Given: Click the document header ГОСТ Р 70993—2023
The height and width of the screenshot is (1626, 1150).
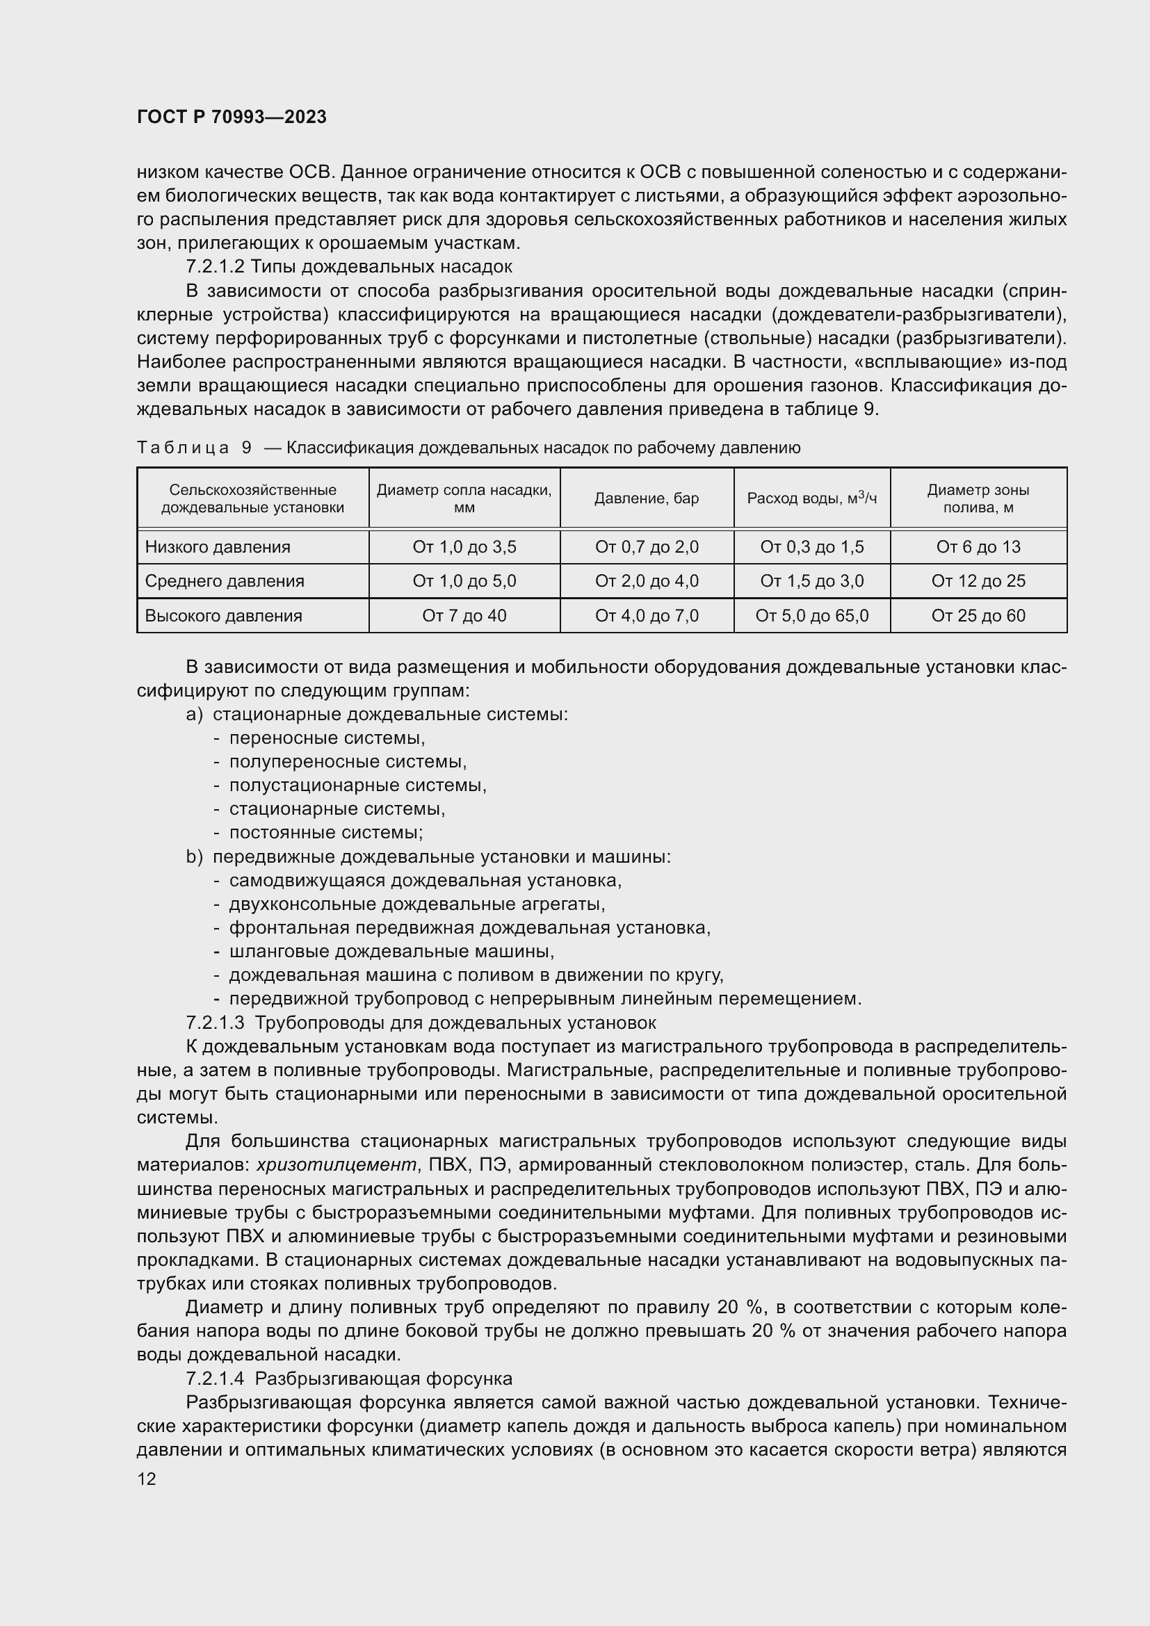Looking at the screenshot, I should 232,117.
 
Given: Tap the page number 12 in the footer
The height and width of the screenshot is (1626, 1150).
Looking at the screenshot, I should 147,1479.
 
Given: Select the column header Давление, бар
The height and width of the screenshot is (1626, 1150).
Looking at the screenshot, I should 646,498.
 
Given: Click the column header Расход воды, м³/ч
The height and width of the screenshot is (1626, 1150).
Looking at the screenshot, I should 811,498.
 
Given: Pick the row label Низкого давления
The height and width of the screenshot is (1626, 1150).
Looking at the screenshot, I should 218,546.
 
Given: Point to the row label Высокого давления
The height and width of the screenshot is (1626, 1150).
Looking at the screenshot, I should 223,615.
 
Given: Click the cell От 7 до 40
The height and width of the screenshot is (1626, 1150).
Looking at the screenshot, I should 464,615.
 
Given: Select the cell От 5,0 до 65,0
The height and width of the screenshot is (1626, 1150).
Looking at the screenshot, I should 811,615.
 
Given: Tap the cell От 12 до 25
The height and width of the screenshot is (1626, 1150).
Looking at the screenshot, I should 978,581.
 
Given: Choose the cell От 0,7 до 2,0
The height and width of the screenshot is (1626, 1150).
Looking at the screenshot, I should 646,546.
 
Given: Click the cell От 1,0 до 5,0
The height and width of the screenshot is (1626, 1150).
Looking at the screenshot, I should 464,581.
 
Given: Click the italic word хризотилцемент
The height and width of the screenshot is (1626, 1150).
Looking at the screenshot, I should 337,1165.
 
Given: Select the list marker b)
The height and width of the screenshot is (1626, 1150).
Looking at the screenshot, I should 194,857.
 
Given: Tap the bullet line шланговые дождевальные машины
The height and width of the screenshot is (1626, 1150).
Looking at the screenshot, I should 391,951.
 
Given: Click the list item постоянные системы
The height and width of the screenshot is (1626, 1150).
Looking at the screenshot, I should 325,833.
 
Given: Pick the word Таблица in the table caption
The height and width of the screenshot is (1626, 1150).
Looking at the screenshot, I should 183,448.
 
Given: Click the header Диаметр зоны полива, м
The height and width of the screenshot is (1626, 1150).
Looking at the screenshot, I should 978,498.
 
